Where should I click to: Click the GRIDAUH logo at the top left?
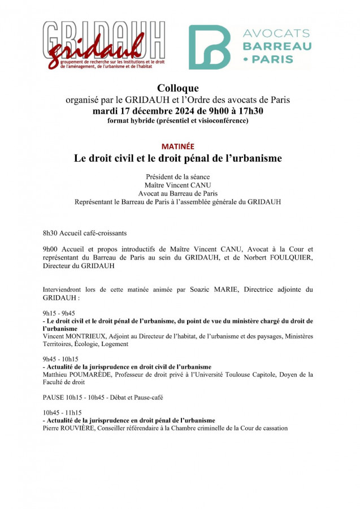tap(104, 46)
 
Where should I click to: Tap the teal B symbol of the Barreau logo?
tap(209, 46)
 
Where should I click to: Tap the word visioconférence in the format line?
tap(221, 120)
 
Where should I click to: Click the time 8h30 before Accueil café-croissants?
tap(51, 233)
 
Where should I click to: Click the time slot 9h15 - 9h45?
tap(59, 313)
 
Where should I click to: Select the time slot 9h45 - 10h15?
tap(60, 359)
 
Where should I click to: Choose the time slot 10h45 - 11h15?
tap(62, 413)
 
